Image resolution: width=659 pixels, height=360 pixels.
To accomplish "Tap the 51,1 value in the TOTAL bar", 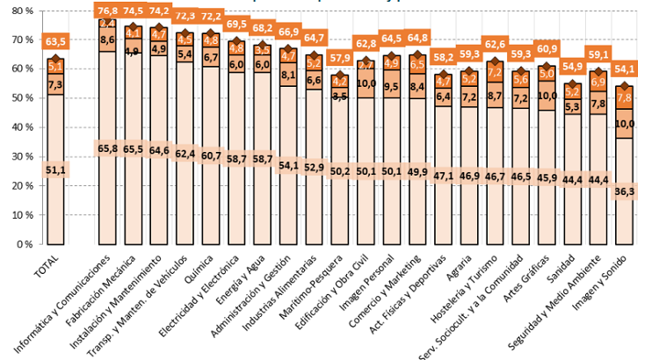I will [x=54, y=170].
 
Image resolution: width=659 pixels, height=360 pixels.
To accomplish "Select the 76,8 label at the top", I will [x=108, y=11].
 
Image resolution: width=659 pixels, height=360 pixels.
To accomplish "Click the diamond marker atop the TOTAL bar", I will [x=54, y=59].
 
